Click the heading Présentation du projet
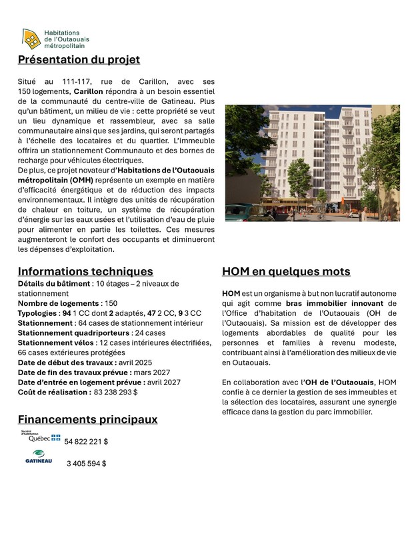tap(79, 60)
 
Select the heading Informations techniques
tap(85, 271)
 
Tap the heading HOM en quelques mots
tap(285, 272)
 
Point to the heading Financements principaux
tap(87, 419)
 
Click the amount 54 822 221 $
tap(86, 442)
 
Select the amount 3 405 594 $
tap(86, 464)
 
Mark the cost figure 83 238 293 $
tap(115, 392)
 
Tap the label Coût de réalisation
tap(53, 392)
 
